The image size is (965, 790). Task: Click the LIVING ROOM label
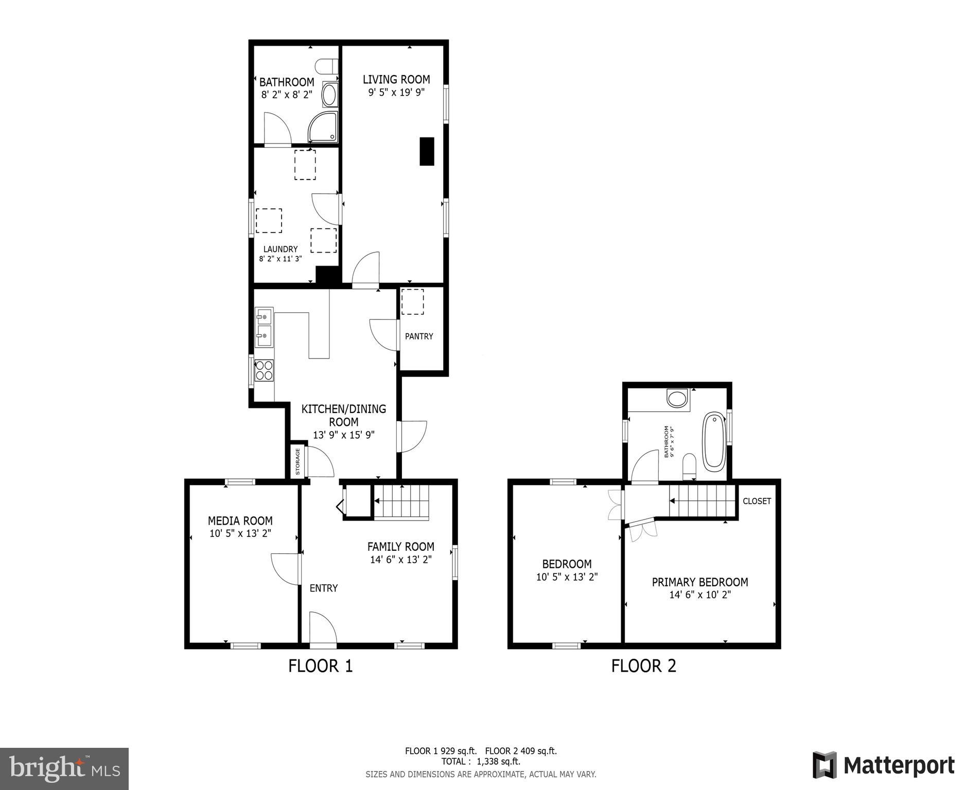396,79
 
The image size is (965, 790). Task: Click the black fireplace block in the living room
427,151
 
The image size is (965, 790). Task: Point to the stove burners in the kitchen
264,370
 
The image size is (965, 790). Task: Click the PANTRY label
419,336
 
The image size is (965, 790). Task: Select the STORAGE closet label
297,462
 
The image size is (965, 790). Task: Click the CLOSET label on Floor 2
757,501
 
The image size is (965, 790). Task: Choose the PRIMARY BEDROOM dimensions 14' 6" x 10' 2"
700,595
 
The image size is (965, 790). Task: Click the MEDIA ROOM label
240,520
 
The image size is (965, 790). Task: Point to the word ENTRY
323,588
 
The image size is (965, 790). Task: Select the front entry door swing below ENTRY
323,627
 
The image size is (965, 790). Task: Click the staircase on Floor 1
401,501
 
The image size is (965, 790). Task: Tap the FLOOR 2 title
643,666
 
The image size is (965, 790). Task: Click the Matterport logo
883,765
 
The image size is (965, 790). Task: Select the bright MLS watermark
64,768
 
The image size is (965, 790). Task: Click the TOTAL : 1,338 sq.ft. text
480,762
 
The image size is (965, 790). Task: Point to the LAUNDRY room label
280,249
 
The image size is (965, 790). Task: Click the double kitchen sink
264,328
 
